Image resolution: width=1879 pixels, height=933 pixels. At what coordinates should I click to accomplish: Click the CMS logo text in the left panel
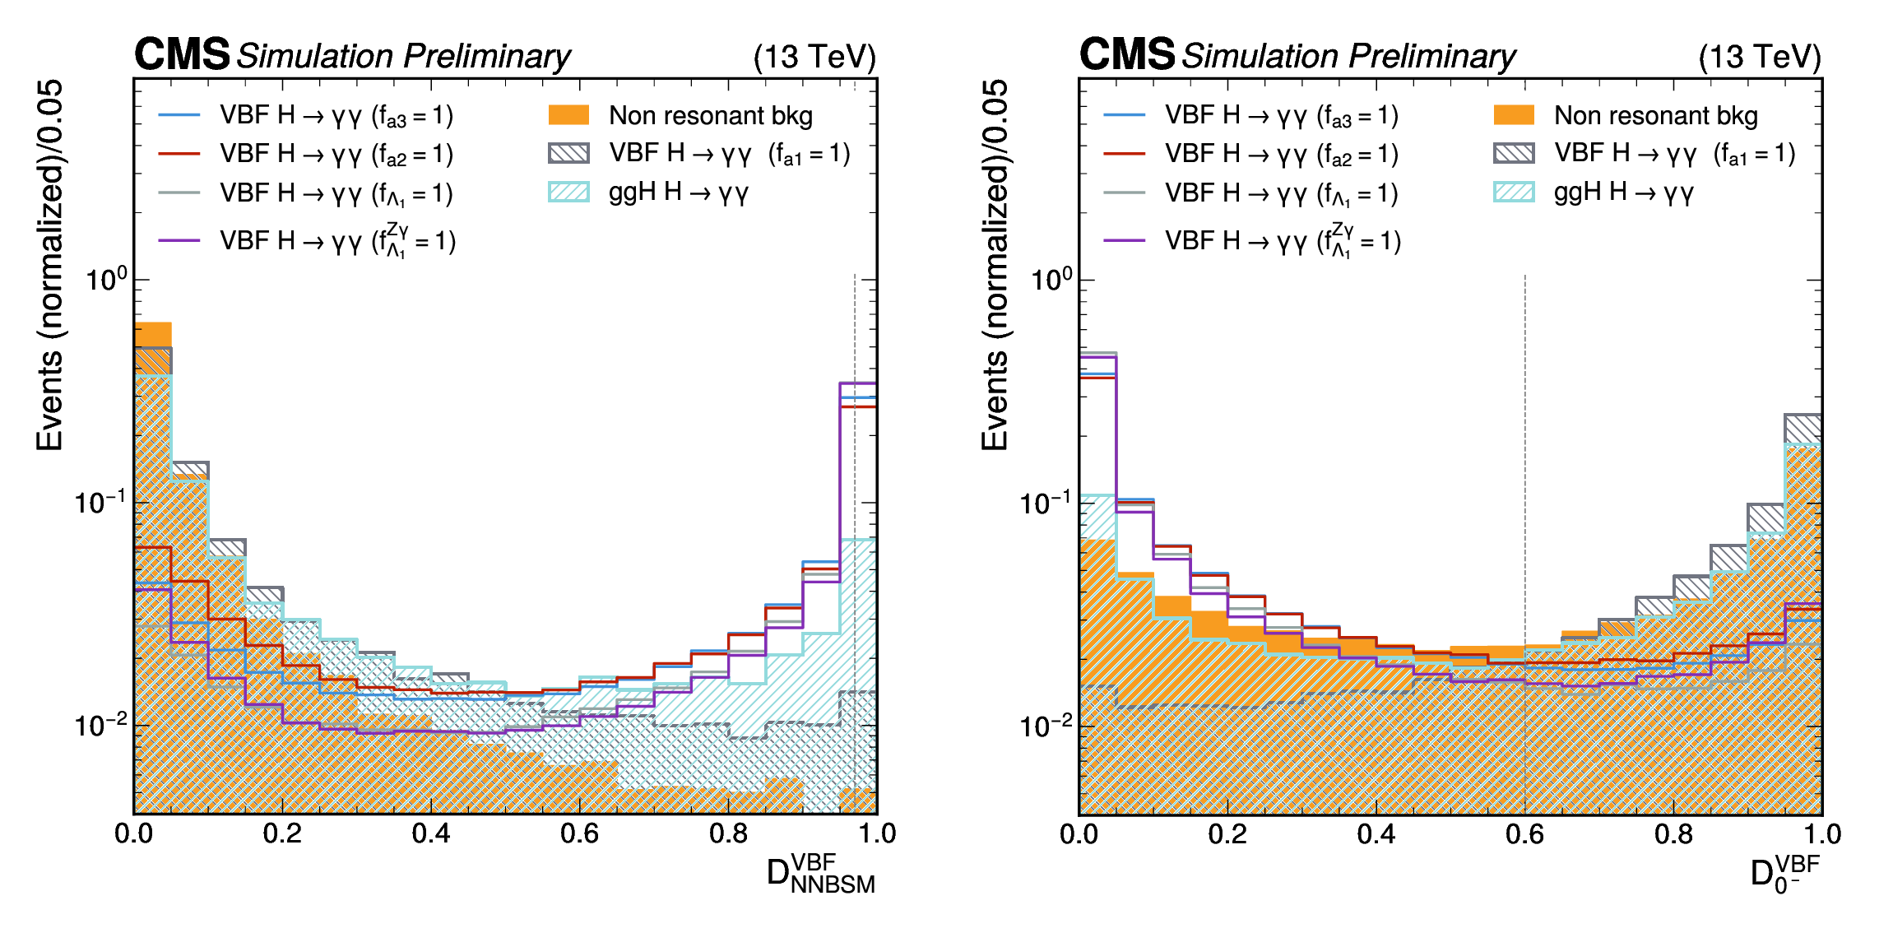point(182,55)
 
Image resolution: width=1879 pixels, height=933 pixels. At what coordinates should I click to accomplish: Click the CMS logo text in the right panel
point(1127,55)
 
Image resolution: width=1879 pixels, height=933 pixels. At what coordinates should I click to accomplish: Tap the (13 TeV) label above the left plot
point(814,57)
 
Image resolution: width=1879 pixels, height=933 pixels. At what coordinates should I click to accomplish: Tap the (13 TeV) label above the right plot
point(1760,57)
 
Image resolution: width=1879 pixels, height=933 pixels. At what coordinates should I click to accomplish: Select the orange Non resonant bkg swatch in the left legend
point(568,115)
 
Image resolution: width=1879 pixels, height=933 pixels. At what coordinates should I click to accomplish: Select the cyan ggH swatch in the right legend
point(1514,193)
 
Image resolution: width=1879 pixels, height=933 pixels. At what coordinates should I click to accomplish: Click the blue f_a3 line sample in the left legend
point(179,115)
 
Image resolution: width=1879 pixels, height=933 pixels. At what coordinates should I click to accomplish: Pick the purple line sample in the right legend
point(1125,240)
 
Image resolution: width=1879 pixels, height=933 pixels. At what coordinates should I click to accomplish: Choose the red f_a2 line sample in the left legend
point(179,154)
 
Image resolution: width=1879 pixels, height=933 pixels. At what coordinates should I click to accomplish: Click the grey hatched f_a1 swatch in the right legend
point(1514,154)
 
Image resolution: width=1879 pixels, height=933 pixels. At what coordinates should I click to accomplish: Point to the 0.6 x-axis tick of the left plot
point(579,833)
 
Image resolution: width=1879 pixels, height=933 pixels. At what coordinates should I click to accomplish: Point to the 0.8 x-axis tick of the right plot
point(1673,833)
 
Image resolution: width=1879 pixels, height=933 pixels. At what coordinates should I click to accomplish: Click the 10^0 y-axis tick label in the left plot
point(106,280)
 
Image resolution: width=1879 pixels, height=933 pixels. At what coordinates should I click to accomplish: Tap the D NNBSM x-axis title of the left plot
point(820,874)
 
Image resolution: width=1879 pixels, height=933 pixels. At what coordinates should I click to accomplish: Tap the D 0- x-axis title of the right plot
point(1784,874)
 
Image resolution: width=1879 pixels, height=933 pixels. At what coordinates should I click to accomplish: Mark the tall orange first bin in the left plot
point(153,335)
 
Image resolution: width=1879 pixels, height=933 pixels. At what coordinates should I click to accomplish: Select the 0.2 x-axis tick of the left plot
point(282,833)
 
